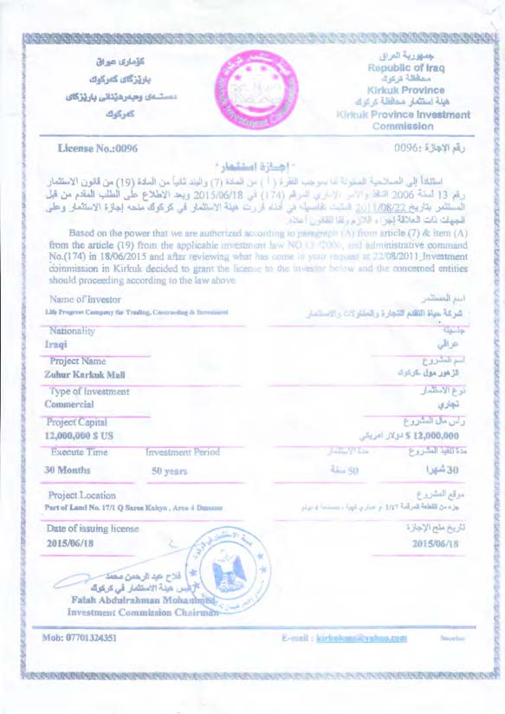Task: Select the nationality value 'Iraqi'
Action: click(56, 344)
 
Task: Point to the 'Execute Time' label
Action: click(80, 452)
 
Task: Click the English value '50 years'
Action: click(170, 472)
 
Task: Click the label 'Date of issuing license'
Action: click(93, 528)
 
